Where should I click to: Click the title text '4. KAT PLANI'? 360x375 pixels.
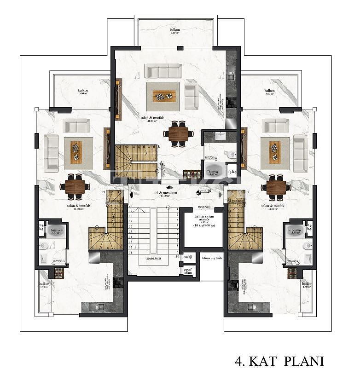279,361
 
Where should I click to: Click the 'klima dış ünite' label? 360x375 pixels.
212,258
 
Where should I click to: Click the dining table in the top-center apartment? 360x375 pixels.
177,134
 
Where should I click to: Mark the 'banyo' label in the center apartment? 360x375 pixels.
212,173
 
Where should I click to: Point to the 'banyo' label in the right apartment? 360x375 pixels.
296,231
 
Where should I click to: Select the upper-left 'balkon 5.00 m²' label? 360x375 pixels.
83,92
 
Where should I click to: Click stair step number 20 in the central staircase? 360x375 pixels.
131,206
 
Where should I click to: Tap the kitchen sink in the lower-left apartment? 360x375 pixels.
98,307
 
